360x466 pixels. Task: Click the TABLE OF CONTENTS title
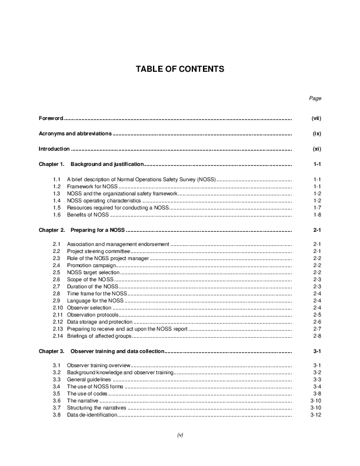pyautogui.click(x=179, y=69)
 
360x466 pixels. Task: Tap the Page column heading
pyautogui.click(x=315, y=98)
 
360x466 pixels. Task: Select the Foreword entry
pyautogui.click(x=51, y=119)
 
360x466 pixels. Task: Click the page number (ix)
pyautogui.click(x=316, y=134)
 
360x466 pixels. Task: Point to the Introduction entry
pyautogui.click(x=54, y=149)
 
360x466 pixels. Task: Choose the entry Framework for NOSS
pyautogui.click(x=93, y=186)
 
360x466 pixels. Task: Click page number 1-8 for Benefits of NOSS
pyautogui.click(x=316, y=216)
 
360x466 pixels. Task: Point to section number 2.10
pyautogui.click(x=58, y=307)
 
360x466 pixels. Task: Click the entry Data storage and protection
pyautogui.click(x=100, y=322)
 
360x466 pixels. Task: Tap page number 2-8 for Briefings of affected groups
pyautogui.click(x=316, y=336)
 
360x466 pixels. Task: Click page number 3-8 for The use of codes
pyautogui.click(x=316, y=394)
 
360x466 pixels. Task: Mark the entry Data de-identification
pyautogui.click(x=92, y=415)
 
